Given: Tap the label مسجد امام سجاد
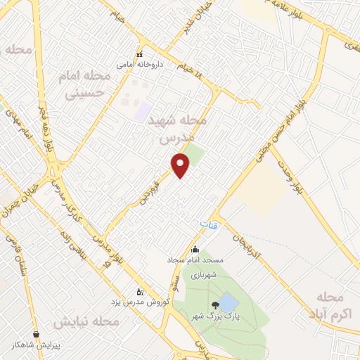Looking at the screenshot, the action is tap(195, 259).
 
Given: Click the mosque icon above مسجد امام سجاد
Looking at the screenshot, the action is tap(195, 249).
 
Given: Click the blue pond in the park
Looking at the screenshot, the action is tap(229, 303).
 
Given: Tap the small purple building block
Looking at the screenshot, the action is tap(143, 111).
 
